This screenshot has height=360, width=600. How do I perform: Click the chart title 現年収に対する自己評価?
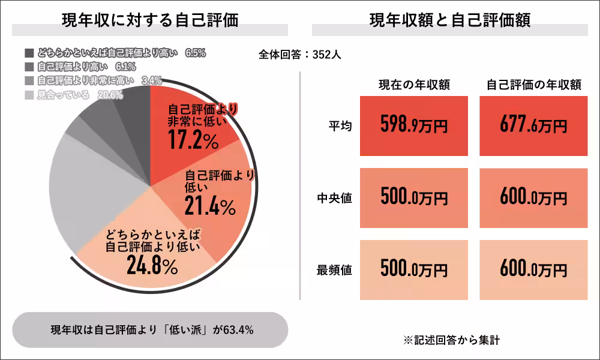(150, 20)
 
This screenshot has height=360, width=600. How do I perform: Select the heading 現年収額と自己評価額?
(449, 20)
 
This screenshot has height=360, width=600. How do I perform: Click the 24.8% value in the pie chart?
(152, 265)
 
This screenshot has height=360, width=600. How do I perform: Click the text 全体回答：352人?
(300, 54)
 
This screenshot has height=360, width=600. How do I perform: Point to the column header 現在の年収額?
(414, 85)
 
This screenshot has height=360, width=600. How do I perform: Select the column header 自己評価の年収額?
(533, 85)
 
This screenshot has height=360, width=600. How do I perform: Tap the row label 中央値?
(334, 198)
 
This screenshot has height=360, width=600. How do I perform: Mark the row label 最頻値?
(334, 270)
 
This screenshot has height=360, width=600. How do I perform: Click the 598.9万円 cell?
(414, 126)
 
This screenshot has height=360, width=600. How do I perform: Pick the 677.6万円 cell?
(533, 126)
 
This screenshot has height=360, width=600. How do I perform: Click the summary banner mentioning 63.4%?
(150, 329)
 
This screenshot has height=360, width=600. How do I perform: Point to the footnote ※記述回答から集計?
(451, 340)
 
